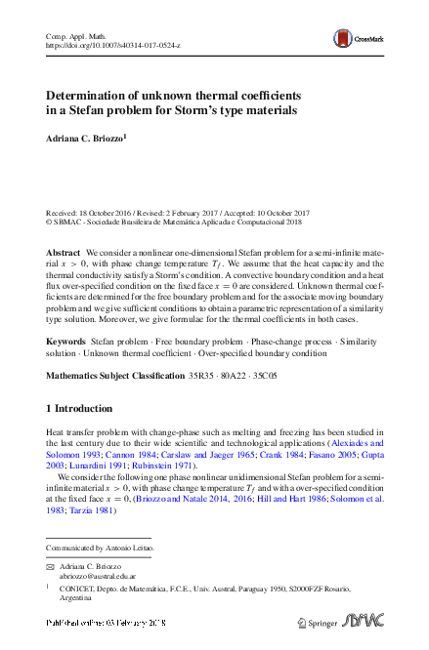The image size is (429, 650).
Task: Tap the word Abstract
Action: click(x=64, y=252)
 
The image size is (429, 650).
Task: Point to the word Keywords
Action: click(x=66, y=343)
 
